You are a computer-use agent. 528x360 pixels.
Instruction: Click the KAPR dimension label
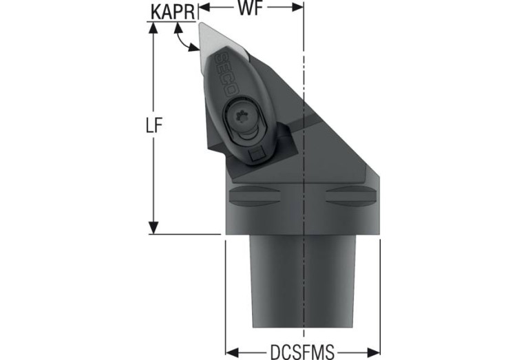click(173, 12)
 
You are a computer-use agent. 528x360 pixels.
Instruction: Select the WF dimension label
click(251, 8)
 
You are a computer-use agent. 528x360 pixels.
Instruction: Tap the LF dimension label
click(154, 125)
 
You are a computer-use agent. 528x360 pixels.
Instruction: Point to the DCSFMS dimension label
click(302, 352)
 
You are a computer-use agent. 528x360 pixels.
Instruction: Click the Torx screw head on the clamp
click(242, 116)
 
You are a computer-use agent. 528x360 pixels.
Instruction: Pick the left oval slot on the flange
click(253, 195)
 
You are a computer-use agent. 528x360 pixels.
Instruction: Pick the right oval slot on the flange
click(350, 195)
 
